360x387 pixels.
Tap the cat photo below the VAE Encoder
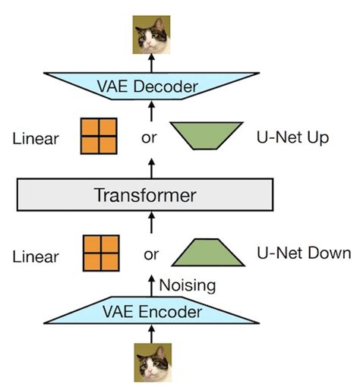[151, 363]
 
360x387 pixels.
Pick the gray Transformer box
[144, 195]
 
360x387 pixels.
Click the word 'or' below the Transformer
[150, 254]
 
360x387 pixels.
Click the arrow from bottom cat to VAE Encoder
[152, 333]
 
